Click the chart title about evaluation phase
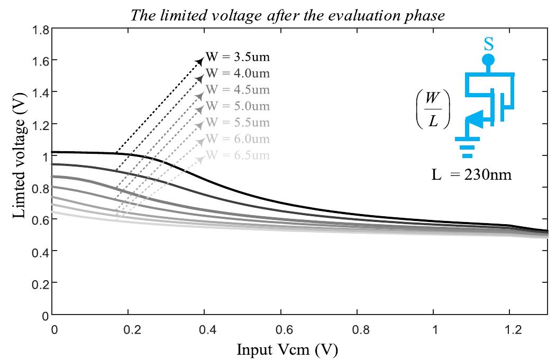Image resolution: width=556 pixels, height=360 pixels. coord(288,15)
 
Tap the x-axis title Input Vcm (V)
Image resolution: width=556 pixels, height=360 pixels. coord(287,349)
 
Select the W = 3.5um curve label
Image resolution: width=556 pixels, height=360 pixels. coord(238,57)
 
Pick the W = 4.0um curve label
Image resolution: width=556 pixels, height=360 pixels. coord(238,73)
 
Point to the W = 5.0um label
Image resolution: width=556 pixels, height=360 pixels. coord(238,106)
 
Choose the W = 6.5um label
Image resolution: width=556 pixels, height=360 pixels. coord(238,155)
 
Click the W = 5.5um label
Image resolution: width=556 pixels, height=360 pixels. coord(238,123)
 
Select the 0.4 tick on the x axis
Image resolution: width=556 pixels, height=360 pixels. coord(208,329)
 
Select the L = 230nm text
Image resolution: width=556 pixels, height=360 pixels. coord(471,174)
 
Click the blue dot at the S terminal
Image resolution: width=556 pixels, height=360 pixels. coord(488,60)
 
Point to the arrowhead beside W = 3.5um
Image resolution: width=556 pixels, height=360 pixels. coord(200,59)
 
